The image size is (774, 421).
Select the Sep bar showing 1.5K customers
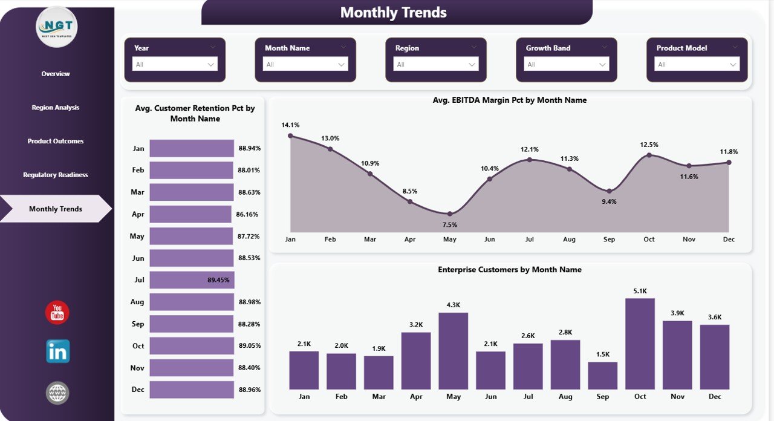coord(602,376)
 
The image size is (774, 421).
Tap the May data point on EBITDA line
coord(449,214)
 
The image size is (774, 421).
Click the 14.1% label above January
coord(290,125)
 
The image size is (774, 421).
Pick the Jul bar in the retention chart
coord(192,280)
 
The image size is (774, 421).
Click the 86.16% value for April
coord(247,214)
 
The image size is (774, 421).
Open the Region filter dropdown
coord(435,64)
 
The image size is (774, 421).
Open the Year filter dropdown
coord(175,64)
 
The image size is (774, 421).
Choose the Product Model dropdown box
coord(697,64)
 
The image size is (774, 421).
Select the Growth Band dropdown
coord(566,64)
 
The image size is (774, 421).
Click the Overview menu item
coord(56,74)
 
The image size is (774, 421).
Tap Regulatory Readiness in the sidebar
coord(56,175)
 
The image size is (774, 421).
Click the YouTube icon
coord(57,313)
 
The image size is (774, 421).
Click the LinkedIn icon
coord(57,351)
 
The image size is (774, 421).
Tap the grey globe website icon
coord(57,393)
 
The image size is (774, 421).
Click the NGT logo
coord(57,27)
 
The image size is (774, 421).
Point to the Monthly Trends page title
coord(394,13)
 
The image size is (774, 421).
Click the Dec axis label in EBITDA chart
coord(729,240)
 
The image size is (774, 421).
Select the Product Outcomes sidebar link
coord(56,141)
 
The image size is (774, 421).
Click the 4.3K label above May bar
coord(453,305)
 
